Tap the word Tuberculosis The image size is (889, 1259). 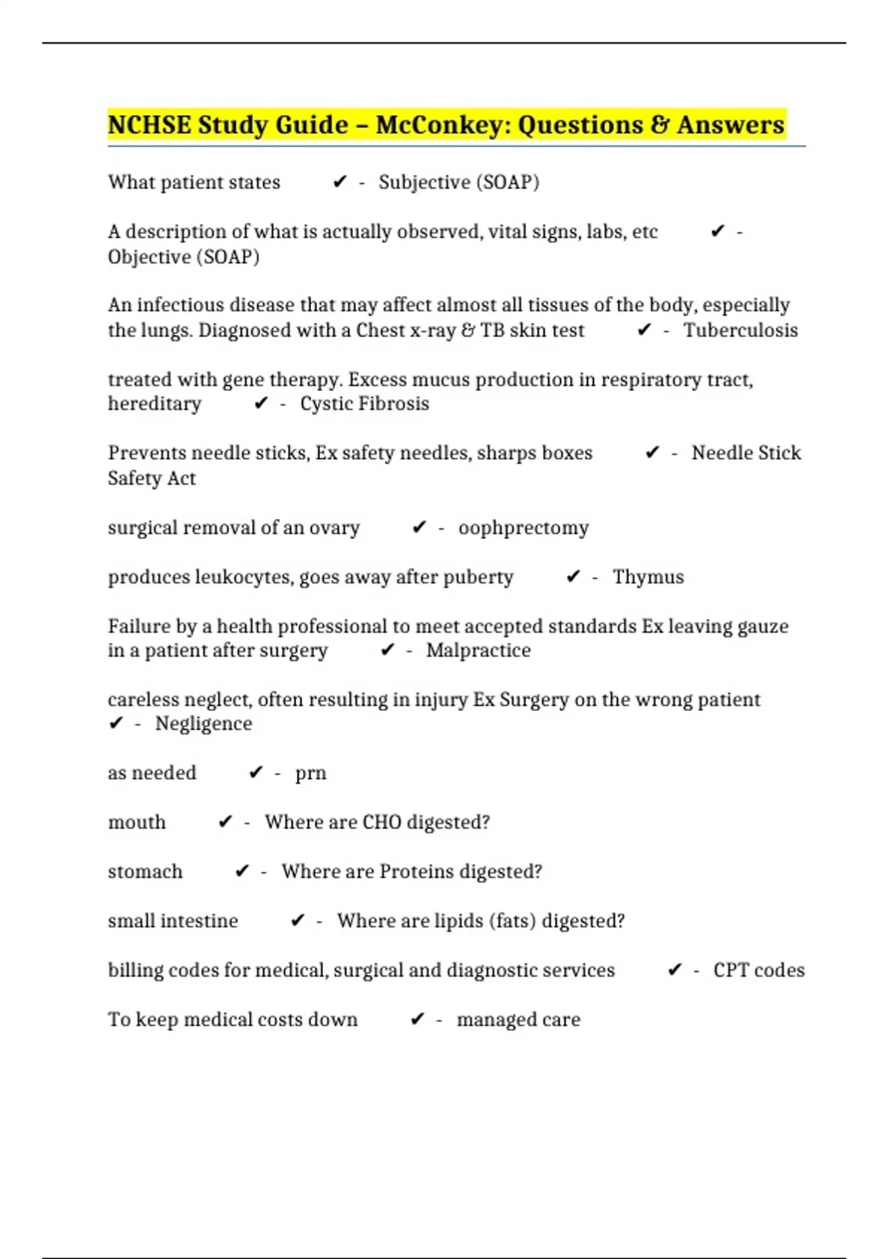click(x=740, y=330)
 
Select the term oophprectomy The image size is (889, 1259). click(x=523, y=528)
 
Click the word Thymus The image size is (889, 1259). click(x=648, y=577)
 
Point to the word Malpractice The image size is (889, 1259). click(x=478, y=650)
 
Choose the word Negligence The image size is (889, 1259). click(x=203, y=724)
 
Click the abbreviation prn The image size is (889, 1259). click(x=310, y=773)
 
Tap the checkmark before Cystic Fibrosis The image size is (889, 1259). click(x=261, y=404)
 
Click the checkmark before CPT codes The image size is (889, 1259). click(x=674, y=970)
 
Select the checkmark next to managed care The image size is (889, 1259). click(x=417, y=1020)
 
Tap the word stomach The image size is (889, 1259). click(x=145, y=872)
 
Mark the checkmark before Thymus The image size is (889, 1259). click(x=573, y=577)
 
